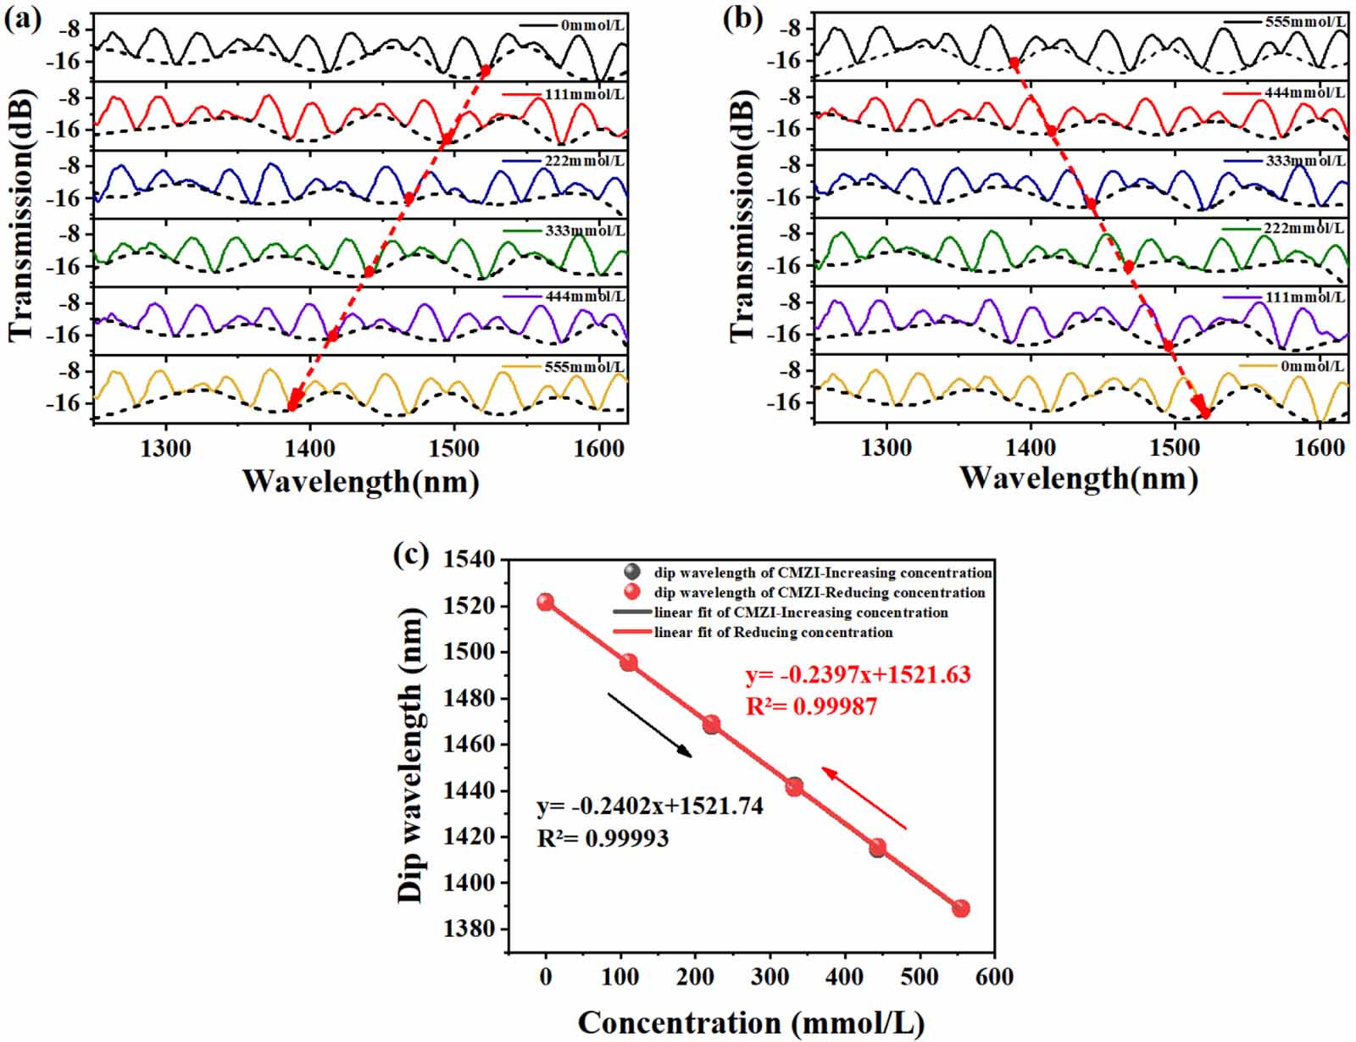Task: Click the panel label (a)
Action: pyautogui.click(x=23, y=19)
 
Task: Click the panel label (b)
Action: pyautogui.click(x=743, y=19)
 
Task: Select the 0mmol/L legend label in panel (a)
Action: pyautogui.click(x=592, y=25)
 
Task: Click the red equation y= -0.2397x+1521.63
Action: pyautogui.click(x=858, y=675)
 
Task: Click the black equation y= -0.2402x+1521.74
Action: pyautogui.click(x=650, y=806)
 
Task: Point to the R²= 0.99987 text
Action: pyautogui.click(x=811, y=706)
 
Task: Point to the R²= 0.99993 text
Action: pyautogui.click(x=603, y=838)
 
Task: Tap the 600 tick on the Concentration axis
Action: pyautogui.click(x=993, y=977)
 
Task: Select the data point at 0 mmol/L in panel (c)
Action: pyautogui.click(x=545, y=602)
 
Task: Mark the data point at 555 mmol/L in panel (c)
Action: pyautogui.click(x=960, y=908)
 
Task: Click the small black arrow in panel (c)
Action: pyautogui.click(x=650, y=724)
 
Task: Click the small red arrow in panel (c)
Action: pyautogui.click(x=864, y=797)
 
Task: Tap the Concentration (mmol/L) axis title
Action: pyautogui.click(x=751, y=1023)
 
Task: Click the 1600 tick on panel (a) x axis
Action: pyautogui.click(x=599, y=450)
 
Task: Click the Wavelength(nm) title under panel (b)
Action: pyautogui.click(x=1078, y=479)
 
